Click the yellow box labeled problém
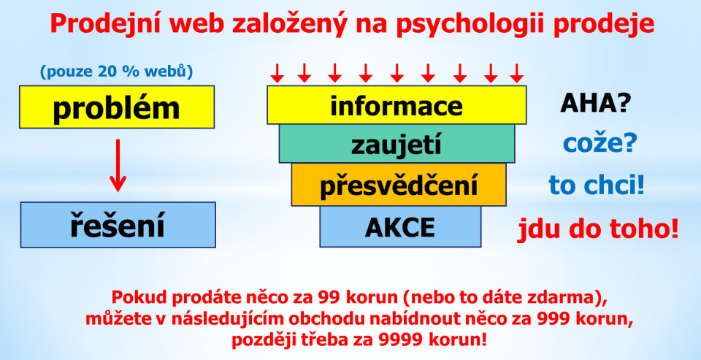pyautogui.click(x=117, y=107)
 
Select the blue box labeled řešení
pyautogui.click(x=118, y=225)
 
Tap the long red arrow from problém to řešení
pyautogui.click(x=118, y=166)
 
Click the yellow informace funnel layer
pyautogui.click(x=397, y=104)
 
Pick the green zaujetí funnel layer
pyautogui.click(x=397, y=144)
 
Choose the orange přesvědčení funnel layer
pyautogui.click(x=399, y=184)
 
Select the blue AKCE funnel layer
pyautogui.click(x=400, y=226)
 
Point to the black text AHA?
pyautogui.click(x=596, y=104)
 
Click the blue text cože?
pyautogui.click(x=599, y=145)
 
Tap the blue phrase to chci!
pyautogui.click(x=597, y=185)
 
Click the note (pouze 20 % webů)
pyautogui.click(x=117, y=72)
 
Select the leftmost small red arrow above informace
pyautogui.click(x=277, y=73)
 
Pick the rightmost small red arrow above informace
pyautogui.click(x=517, y=73)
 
